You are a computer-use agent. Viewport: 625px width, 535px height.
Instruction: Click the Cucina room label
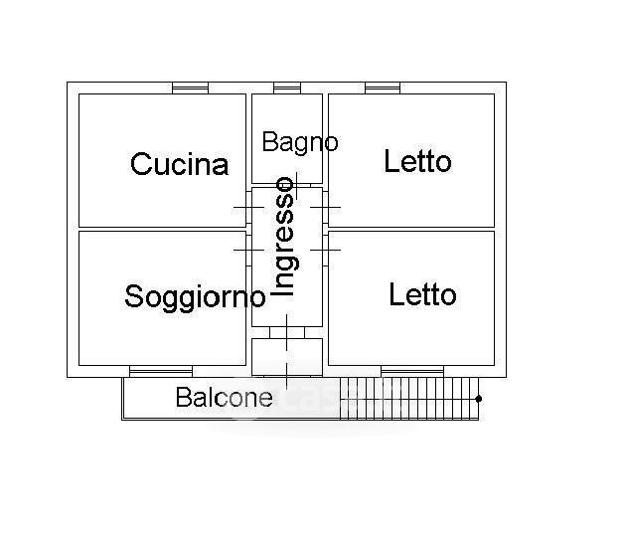point(179,164)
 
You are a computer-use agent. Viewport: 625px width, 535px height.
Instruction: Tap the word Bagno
point(299,142)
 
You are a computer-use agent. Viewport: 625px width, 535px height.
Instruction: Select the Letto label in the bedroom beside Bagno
point(417,161)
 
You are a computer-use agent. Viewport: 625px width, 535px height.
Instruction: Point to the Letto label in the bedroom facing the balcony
point(422,294)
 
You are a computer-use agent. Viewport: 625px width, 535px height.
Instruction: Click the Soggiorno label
point(195,296)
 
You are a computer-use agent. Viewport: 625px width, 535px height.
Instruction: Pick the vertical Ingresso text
point(285,237)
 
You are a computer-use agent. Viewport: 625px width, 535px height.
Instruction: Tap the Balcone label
point(224,398)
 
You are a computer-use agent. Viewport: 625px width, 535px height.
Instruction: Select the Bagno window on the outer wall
point(287,88)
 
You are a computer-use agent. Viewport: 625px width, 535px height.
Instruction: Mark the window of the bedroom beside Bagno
point(382,88)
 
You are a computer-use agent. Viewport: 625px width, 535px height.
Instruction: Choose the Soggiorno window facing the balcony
point(160,372)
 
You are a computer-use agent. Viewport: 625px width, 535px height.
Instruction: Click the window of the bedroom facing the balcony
point(412,372)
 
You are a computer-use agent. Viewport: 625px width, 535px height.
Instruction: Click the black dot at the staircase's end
point(479,399)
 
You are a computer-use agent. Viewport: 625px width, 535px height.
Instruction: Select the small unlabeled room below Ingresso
point(286,357)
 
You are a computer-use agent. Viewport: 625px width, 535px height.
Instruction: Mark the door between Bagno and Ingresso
point(287,186)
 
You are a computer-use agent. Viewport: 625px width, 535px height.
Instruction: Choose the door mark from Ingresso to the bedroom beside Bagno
point(326,207)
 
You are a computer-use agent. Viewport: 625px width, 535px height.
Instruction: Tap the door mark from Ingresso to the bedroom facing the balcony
point(326,249)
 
